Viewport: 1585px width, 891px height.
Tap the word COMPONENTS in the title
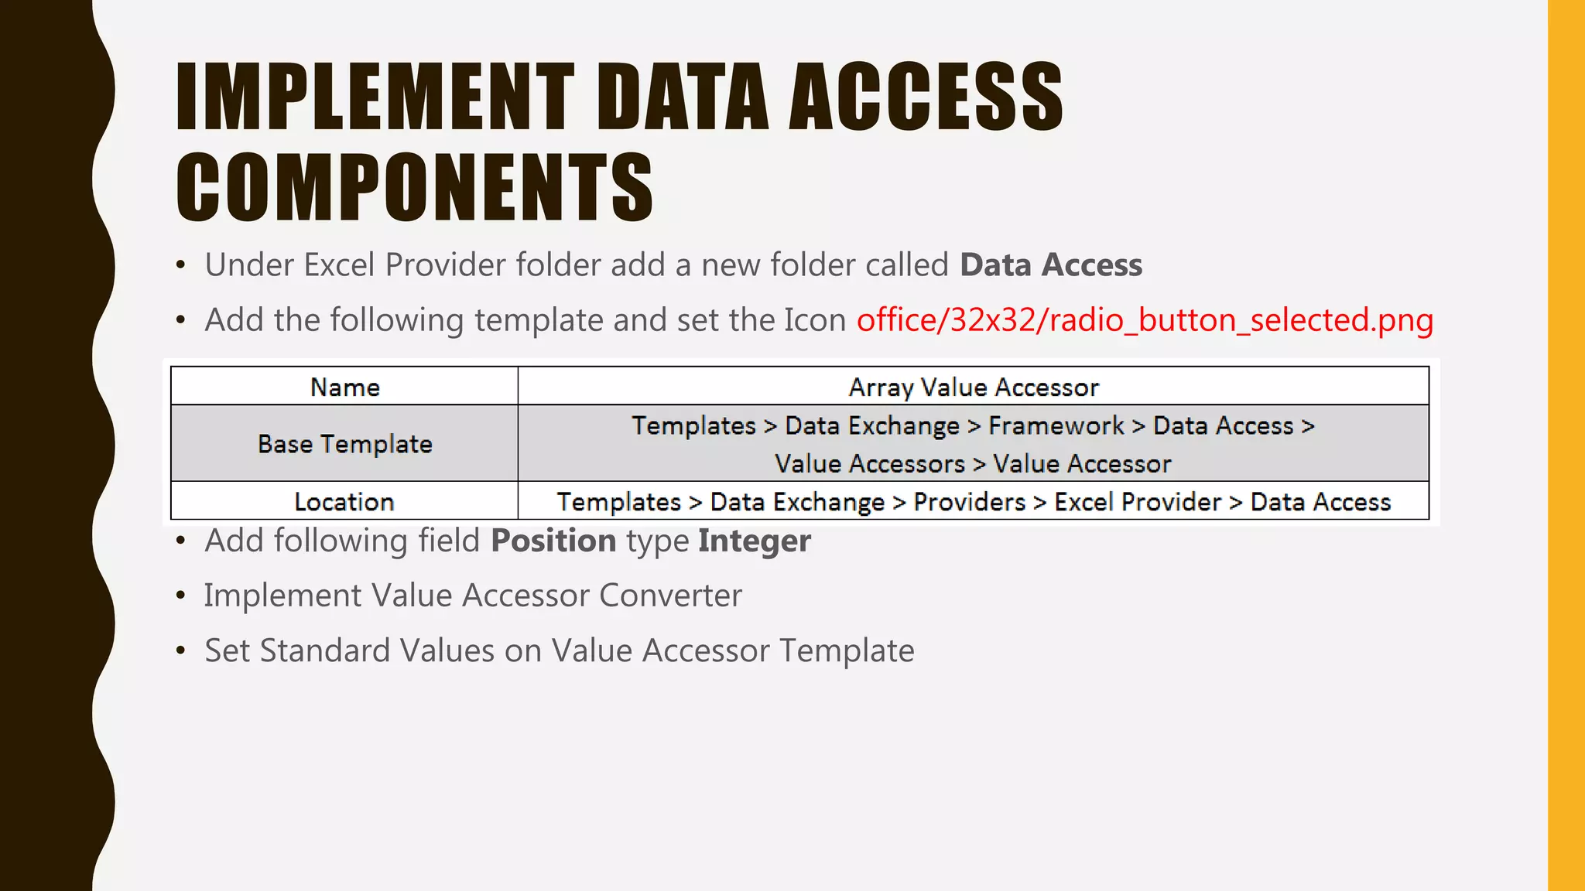pyautogui.click(x=415, y=187)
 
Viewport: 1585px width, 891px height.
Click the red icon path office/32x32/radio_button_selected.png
pyautogui.click(x=1145, y=320)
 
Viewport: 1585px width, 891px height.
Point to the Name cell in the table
pyautogui.click(x=344, y=387)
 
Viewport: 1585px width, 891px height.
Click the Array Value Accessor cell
pyautogui.click(x=973, y=387)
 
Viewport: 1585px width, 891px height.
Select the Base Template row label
pyautogui.click(x=344, y=444)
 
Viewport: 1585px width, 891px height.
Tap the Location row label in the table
pyautogui.click(x=344, y=502)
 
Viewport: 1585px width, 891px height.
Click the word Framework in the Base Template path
pyautogui.click(x=1056, y=426)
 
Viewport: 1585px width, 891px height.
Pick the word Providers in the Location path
pyautogui.click(x=969, y=502)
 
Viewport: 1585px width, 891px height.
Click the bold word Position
pyautogui.click(x=553, y=541)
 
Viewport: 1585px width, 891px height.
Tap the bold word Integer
pyautogui.click(x=754, y=541)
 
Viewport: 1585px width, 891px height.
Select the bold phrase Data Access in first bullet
pyautogui.click(x=1050, y=265)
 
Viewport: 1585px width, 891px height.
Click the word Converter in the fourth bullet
pyautogui.click(x=670, y=596)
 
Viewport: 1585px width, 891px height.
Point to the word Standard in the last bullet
pyautogui.click(x=325, y=650)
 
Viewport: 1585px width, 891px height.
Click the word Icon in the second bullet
pyautogui.click(x=814, y=320)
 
